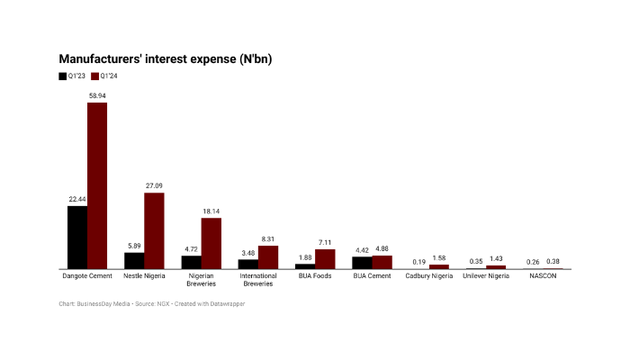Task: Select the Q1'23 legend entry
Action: pos(72,76)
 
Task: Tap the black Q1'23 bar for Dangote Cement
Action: pos(77,238)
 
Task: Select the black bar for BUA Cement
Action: pos(361,262)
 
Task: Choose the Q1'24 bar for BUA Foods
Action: pos(325,258)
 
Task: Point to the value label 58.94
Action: pos(97,94)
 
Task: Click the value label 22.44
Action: pos(77,199)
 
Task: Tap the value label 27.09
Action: pos(154,185)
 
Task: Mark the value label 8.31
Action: pos(268,238)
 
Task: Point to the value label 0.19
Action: pos(418,261)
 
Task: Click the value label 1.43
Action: pos(496,258)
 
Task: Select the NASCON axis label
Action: pos(543,276)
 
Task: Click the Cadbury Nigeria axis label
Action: pos(428,276)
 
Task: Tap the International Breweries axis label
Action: pos(258,280)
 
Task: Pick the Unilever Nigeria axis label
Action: pos(486,276)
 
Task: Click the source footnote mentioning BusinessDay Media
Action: pos(151,304)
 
